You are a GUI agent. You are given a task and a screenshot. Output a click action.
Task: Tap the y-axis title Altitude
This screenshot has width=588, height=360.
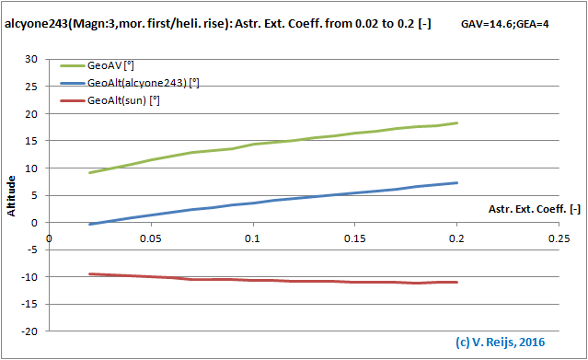[12, 195]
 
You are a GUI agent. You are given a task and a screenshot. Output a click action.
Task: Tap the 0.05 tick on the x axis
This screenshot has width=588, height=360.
[151, 238]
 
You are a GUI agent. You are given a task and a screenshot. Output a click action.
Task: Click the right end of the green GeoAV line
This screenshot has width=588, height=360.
[457, 122]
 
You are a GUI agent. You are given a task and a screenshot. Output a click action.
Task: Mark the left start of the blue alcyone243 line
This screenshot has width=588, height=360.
[89, 224]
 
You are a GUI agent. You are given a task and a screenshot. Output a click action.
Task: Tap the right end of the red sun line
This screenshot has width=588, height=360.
[457, 282]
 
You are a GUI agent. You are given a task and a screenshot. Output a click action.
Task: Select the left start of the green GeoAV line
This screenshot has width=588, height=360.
[89, 172]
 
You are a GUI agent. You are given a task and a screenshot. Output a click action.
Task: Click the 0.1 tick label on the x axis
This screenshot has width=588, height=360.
[253, 238]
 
